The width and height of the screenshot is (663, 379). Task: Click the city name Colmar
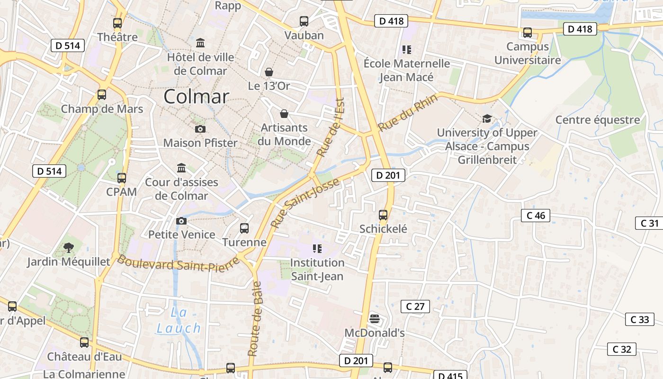[196, 97]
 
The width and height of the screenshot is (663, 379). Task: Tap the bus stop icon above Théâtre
[117, 23]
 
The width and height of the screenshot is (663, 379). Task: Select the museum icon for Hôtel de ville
[200, 43]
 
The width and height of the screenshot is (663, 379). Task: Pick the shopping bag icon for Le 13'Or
[269, 72]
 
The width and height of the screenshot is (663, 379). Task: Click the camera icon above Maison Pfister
[200, 129]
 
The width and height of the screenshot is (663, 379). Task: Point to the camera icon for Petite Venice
[181, 221]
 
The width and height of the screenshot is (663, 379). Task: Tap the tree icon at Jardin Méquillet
[69, 247]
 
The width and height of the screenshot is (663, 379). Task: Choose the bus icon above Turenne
[244, 228]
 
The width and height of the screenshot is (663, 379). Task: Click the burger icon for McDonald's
[374, 318]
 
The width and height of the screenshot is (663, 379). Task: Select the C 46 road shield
[536, 216]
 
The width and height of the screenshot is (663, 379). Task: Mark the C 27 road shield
[415, 307]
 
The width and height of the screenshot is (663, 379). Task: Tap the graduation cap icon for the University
[487, 118]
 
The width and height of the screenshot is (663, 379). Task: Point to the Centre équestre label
[597, 120]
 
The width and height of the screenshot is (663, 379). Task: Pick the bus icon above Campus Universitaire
[527, 33]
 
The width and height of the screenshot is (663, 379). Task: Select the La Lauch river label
[179, 320]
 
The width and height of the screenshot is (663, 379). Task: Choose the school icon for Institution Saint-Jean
[317, 249]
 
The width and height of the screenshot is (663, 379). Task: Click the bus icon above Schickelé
[383, 215]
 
